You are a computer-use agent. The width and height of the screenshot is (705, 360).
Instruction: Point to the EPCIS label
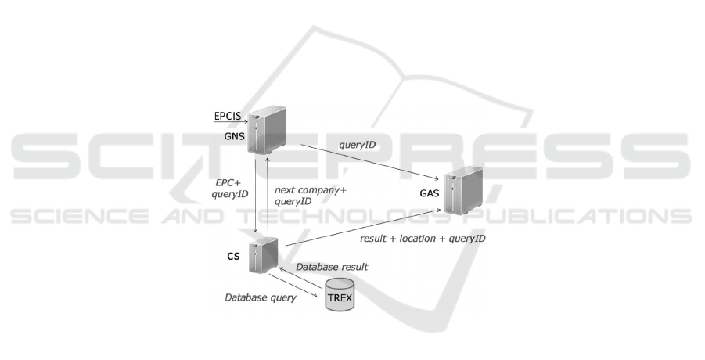click(x=228, y=117)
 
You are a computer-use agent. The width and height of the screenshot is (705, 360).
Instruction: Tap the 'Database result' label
click(x=332, y=267)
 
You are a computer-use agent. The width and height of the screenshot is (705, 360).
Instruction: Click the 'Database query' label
click(x=260, y=297)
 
